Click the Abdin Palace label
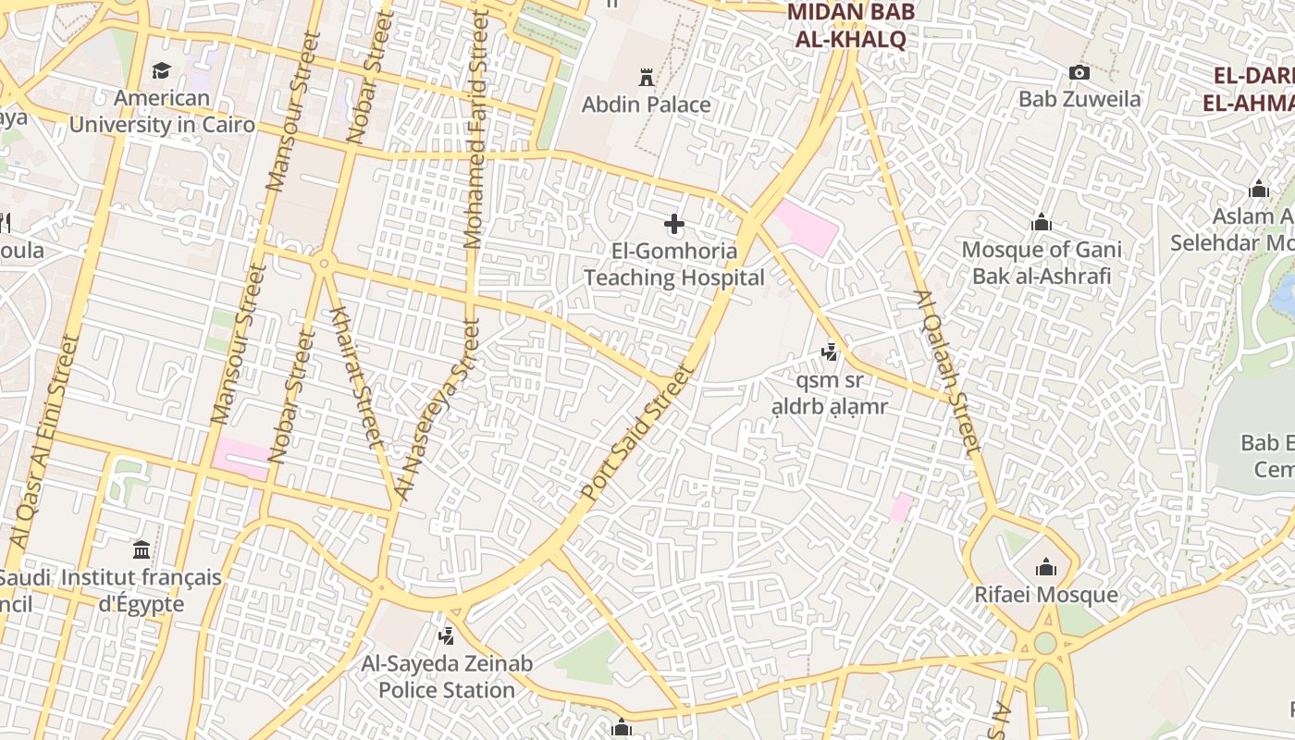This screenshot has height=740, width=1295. [x=646, y=105]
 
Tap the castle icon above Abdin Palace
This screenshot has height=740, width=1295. [x=647, y=76]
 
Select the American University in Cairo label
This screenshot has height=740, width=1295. [x=162, y=111]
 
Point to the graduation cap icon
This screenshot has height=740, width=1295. [x=162, y=71]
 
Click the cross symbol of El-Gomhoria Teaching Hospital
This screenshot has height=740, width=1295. [x=674, y=224]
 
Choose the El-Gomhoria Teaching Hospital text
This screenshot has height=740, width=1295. [x=674, y=265]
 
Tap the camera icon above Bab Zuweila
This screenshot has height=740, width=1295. [x=1079, y=72]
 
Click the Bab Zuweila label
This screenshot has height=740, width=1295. [x=1079, y=99]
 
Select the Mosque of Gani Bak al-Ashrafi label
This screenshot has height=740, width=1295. [x=1042, y=263]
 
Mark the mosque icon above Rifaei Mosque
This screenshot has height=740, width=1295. [x=1046, y=566]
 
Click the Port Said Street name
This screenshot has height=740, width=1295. [x=637, y=433]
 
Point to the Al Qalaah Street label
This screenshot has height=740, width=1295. [x=947, y=372]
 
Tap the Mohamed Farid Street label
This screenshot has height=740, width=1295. [x=475, y=129]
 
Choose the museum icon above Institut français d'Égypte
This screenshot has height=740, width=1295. [x=142, y=550]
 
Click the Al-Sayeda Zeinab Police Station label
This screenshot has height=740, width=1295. [x=447, y=677]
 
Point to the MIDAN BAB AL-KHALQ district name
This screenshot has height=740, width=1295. [x=850, y=26]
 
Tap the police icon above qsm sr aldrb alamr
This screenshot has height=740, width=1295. [x=830, y=351]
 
